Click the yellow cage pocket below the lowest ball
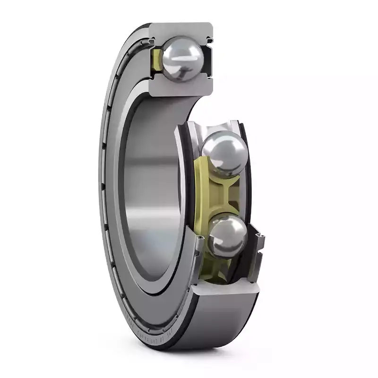point(222,267)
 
